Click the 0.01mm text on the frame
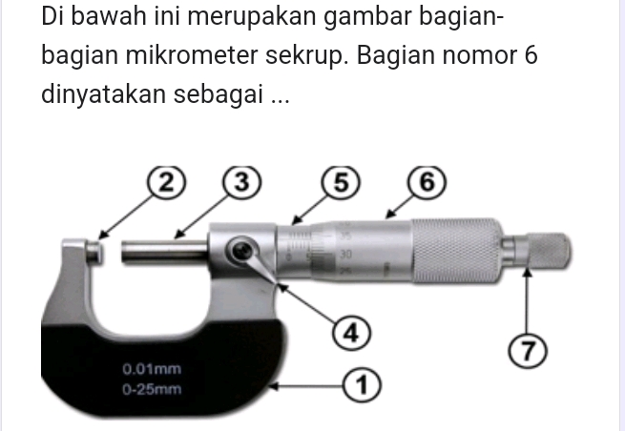[152, 368]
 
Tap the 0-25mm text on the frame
[152, 389]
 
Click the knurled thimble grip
[452, 251]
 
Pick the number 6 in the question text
[531, 55]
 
